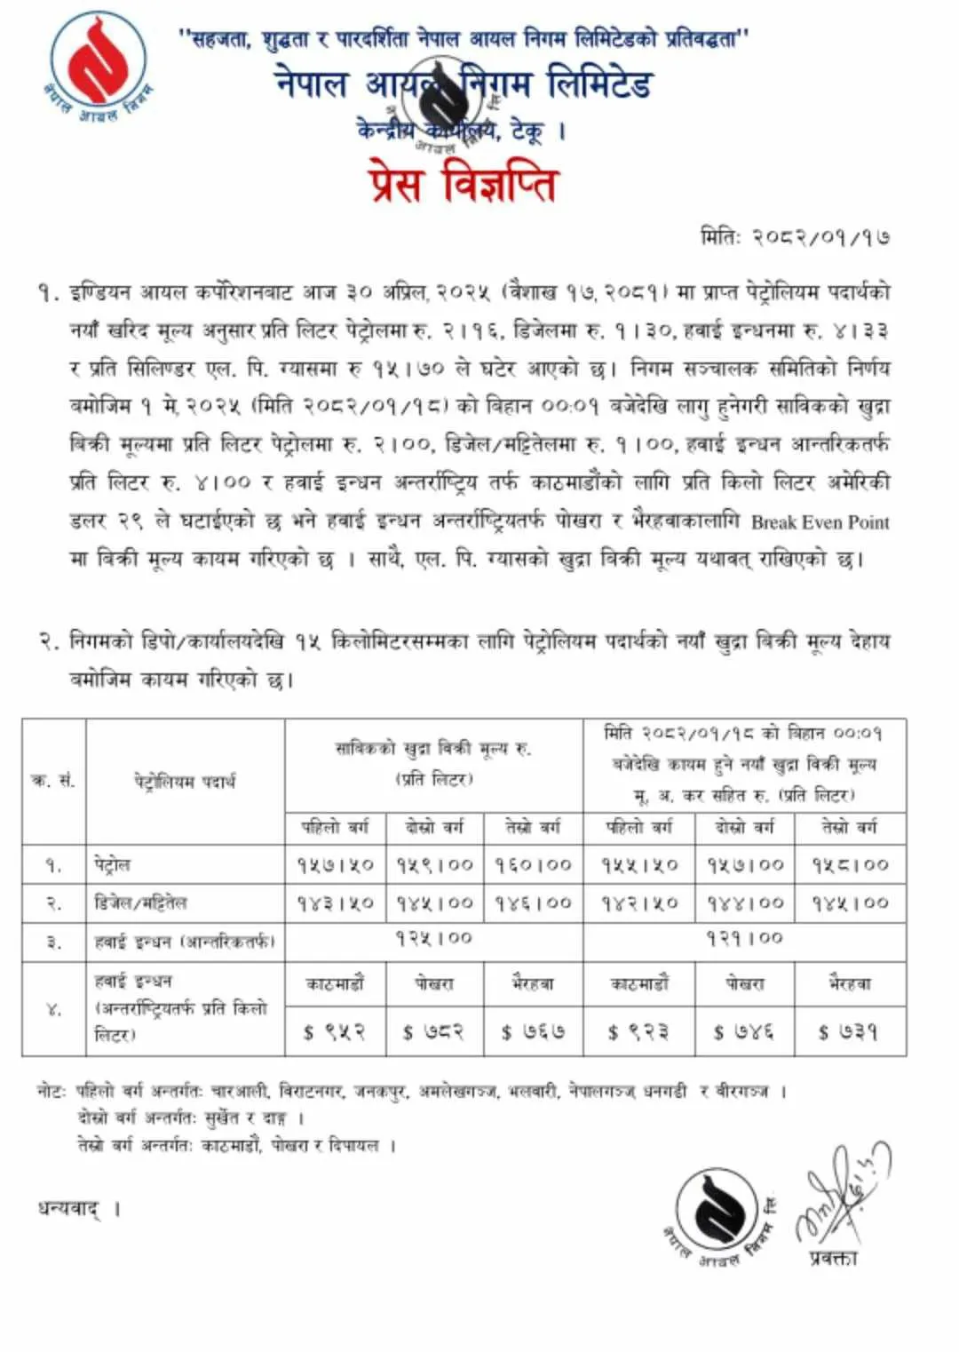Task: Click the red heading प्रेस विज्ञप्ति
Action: click(464, 184)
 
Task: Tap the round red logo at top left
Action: click(97, 67)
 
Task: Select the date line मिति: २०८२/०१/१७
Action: click(795, 237)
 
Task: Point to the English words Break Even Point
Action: click(820, 522)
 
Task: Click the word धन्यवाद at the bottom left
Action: click(69, 1208)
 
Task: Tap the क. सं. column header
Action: click(53, 781)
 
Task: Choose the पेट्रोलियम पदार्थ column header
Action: click(185, 782)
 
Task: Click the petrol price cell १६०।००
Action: click(534, 864)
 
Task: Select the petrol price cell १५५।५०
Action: click(639, 864)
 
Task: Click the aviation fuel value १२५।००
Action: click(434, 939)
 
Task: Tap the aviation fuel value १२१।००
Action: click(744, 939)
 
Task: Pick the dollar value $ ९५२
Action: click(335, 1031)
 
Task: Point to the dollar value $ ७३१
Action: click(850, 1031)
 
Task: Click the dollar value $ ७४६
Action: click(744, 1031)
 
